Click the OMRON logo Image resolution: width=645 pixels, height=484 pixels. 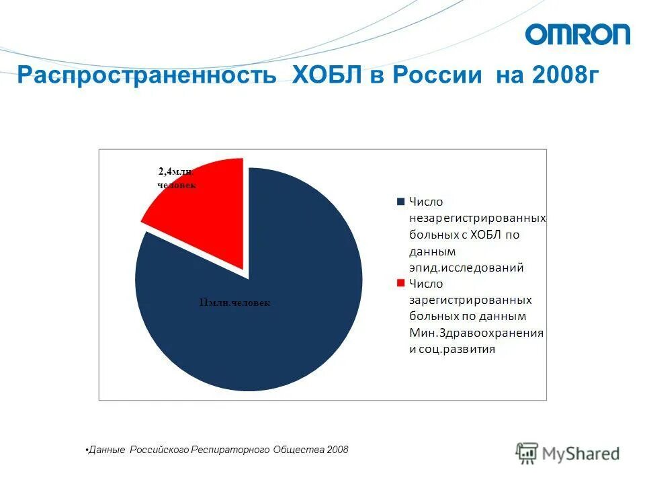coord(578,34)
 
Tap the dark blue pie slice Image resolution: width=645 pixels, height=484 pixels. coord(269,323)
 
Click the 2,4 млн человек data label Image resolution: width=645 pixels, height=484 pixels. coord(177,178)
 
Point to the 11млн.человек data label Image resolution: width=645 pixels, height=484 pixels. coord(234,303)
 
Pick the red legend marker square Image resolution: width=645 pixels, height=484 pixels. coord(401,283)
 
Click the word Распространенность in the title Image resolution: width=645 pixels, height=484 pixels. coord(147,74)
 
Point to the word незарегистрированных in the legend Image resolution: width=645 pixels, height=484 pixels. coord(477,218)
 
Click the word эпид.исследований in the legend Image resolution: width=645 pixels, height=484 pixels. coord(466,268)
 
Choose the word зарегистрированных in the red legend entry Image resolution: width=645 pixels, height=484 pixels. coord(470,300)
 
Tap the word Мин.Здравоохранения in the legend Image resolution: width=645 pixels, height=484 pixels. coord(476,333)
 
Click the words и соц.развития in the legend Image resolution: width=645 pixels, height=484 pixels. coord(452,349)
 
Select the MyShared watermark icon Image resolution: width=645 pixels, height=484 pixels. coord(527,453)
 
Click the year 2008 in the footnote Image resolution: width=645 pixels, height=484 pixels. coord(337,449)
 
